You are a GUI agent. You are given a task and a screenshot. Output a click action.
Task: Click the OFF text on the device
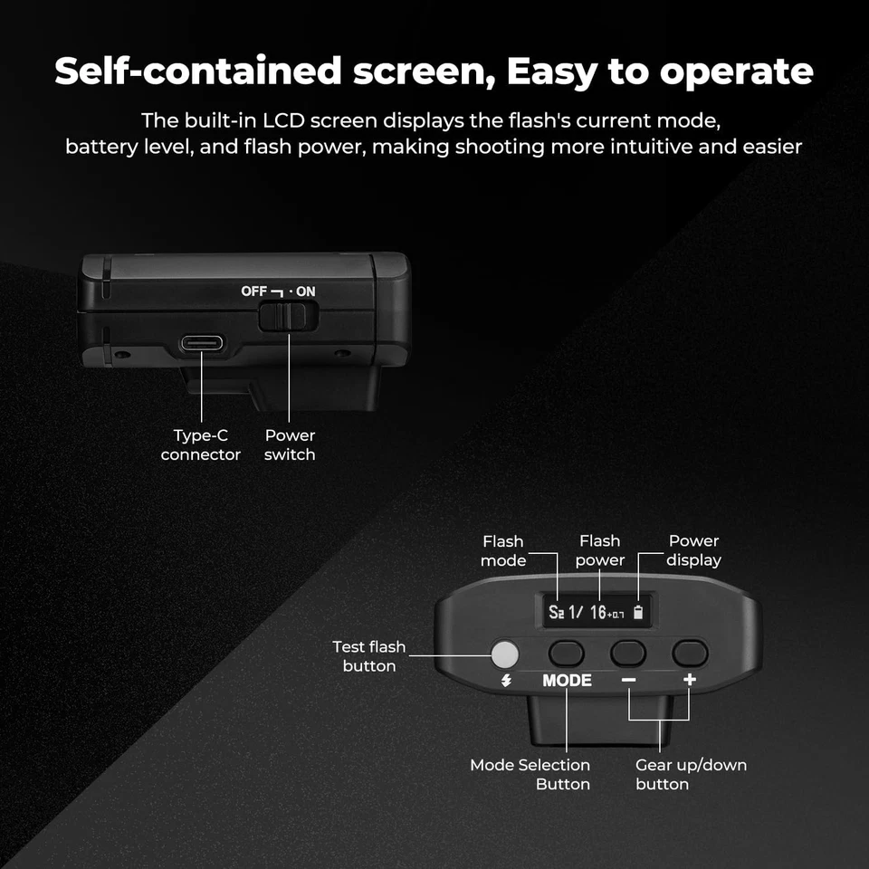click(253, 291)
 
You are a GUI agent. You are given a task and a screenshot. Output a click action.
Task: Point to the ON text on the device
click(305, 291)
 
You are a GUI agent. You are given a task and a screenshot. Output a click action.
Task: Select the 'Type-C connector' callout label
click(201, 445)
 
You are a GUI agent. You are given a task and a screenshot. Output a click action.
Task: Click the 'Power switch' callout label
click(290, 445)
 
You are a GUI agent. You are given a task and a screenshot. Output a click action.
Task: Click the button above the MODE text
click(567, 652)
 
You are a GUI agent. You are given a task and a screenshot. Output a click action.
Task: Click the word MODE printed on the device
click(567, 681)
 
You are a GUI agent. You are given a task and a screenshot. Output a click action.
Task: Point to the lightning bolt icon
click(505, 682)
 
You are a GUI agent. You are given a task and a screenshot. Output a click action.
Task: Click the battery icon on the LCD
click(639, 613)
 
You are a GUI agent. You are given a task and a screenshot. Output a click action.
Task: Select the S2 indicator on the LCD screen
click(557, 613)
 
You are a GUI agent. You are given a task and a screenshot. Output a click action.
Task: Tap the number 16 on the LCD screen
click(597, 613)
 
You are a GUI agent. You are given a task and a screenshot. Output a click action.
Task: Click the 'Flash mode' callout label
click(503, 550)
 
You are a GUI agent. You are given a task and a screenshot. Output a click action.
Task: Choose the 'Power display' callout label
click(693, 550)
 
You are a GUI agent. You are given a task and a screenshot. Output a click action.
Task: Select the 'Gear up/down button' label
click(691, 774)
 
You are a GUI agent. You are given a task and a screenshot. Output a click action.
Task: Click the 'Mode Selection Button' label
click(530, 774)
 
